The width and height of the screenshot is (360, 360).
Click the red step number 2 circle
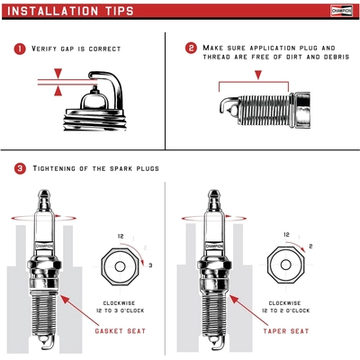191,48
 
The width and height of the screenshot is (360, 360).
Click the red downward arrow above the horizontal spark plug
260,72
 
